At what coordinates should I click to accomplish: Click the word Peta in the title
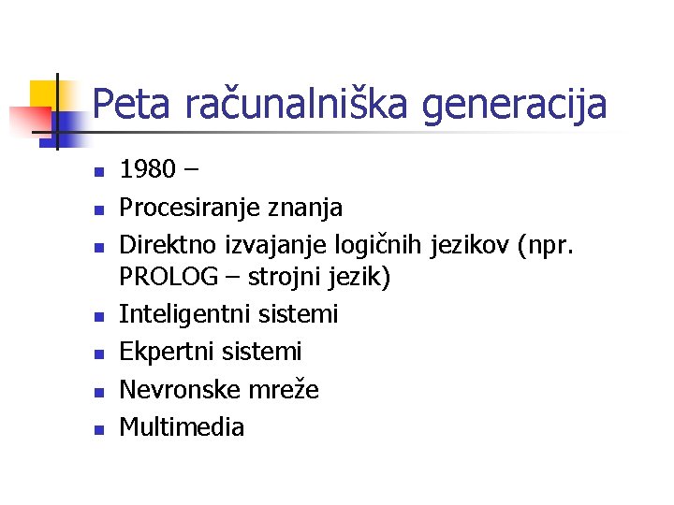click(x=134, y=104)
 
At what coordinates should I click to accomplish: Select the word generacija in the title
click(x=514, y=104)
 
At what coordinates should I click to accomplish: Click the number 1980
click(x=148, y=170)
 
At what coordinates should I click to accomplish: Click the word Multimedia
click(x=182, y=427)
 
